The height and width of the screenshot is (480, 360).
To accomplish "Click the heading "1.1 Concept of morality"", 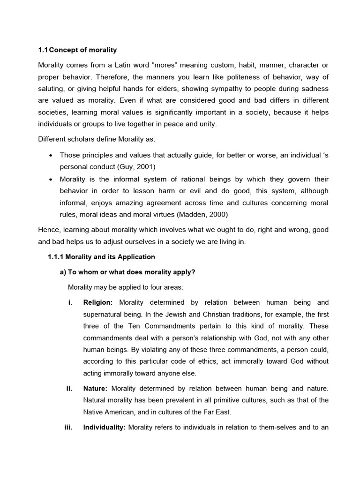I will tap(77, 50).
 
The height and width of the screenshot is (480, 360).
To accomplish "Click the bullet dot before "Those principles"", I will tap(50, 155).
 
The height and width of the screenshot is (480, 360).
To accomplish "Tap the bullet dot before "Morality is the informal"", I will tap(50, 180).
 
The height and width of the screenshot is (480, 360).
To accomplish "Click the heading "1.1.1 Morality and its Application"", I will tap(101, 257).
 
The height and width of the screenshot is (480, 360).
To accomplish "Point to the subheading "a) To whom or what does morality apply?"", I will tap(131, 272).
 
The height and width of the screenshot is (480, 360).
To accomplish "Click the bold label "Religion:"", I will tap(98, 302).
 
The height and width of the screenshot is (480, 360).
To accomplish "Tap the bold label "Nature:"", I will tap(96, 388).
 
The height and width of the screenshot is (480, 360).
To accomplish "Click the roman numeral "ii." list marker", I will tap(69, 388).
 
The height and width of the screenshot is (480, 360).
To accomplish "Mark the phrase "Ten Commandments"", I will tap(154, 326).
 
